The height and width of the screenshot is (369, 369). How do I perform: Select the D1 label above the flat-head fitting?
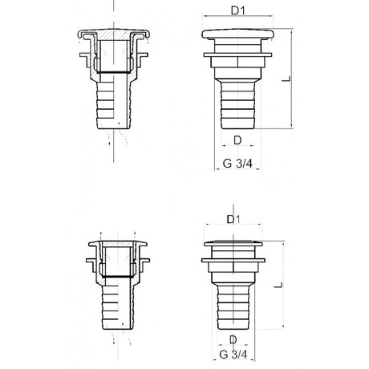(235, 218)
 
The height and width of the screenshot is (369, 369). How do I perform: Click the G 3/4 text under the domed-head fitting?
(236, 165)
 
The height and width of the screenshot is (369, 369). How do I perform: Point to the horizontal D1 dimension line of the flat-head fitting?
(233, 227)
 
